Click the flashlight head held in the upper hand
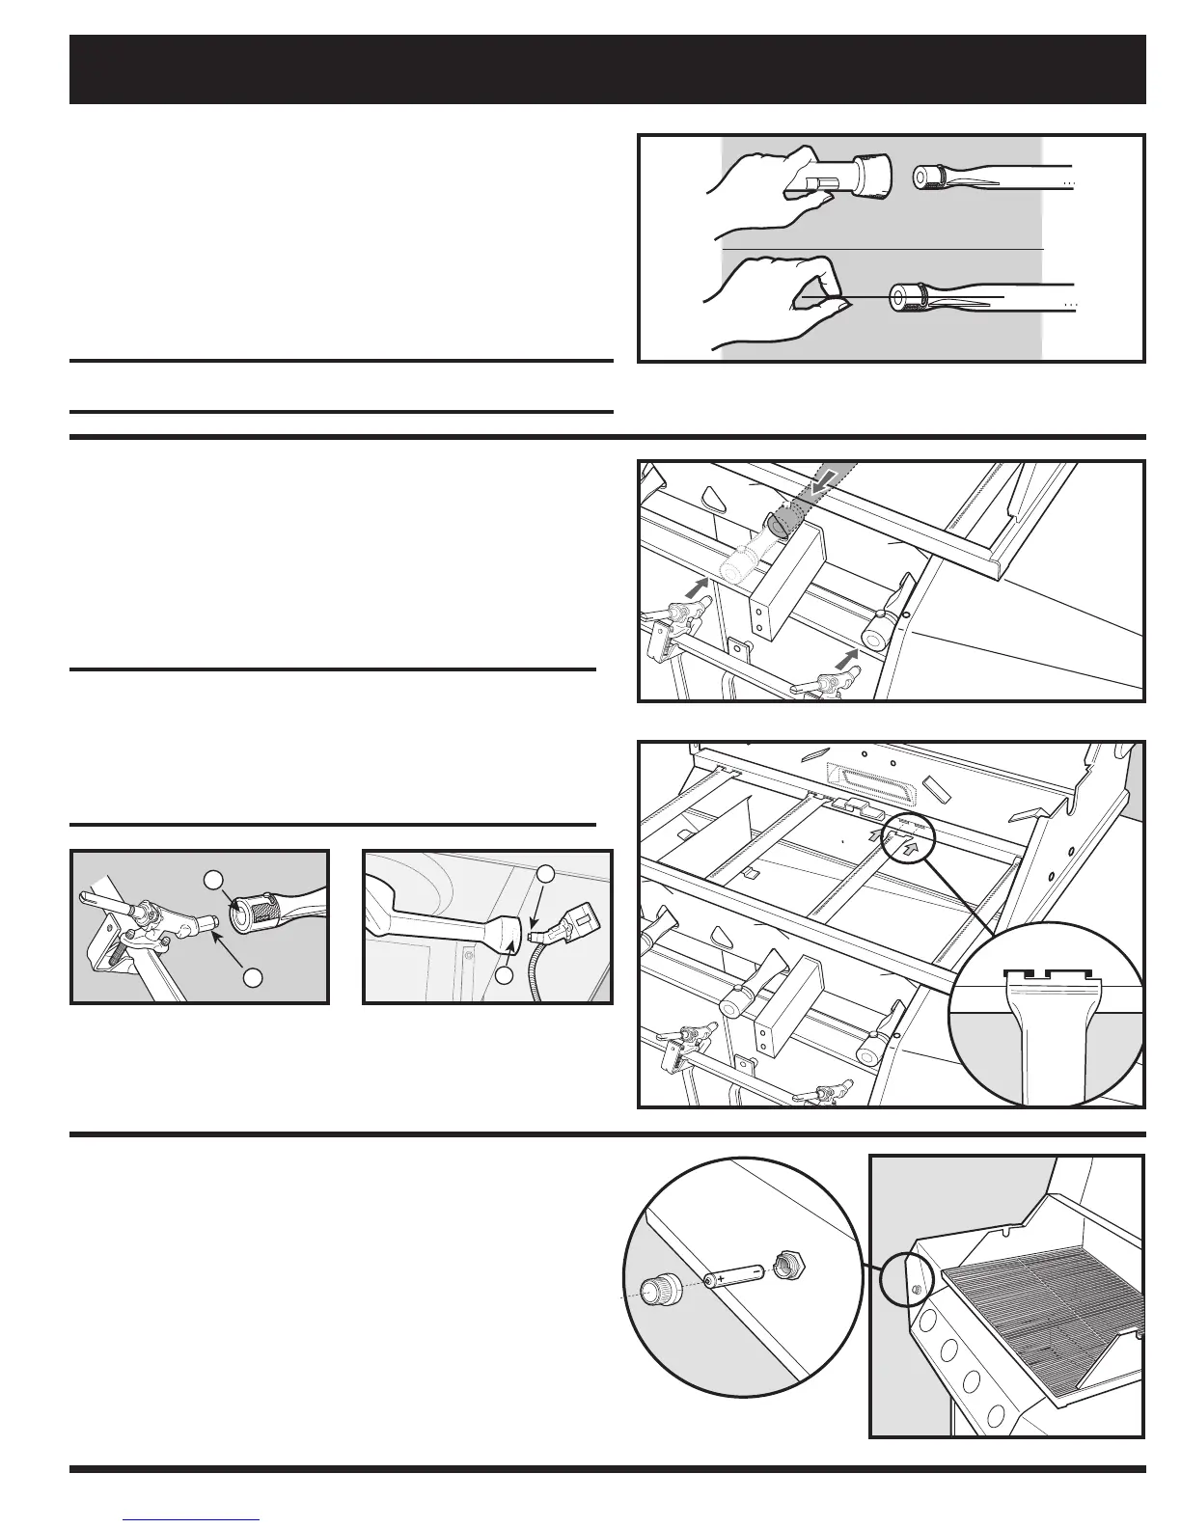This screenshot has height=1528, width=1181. pyautogui.click(x=866, y=176)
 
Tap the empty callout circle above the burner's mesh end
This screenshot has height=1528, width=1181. pyautogui.click(x=213, y=879)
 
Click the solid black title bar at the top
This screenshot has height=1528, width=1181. pyautogui.click(x=607, y=69)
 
